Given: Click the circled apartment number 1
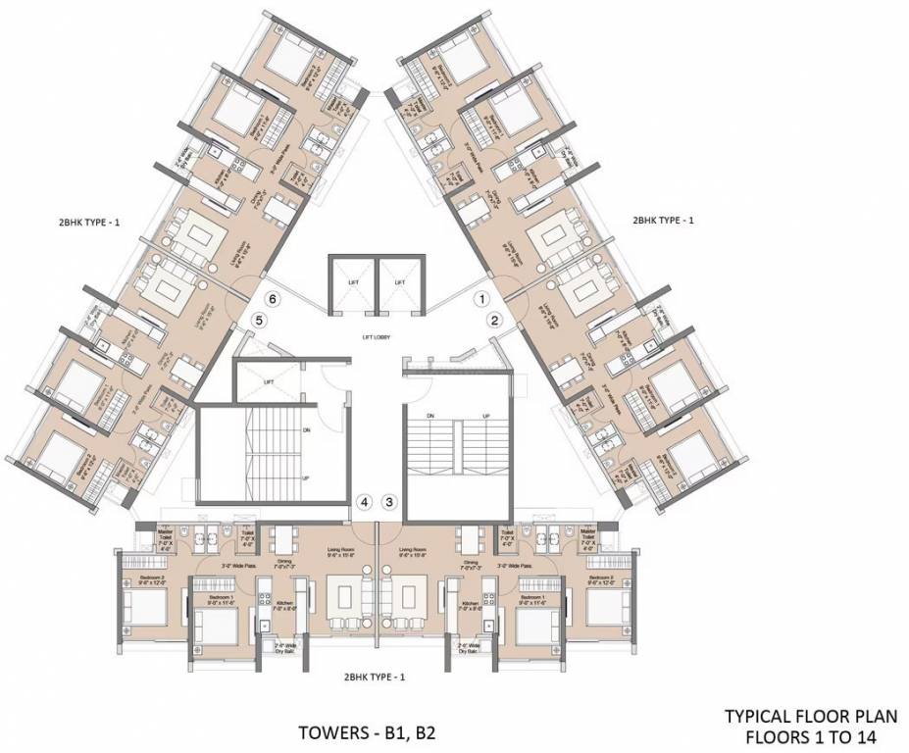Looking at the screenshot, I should [481, 295].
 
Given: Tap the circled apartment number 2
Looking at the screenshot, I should [495, 320].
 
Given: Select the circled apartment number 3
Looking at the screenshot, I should [389, 502].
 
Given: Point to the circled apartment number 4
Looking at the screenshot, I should [364, 502].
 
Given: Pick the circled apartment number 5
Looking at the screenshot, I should [258, 320].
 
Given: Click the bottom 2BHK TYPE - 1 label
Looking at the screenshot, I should [374, 677].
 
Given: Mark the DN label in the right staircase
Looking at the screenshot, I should [429, 418].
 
